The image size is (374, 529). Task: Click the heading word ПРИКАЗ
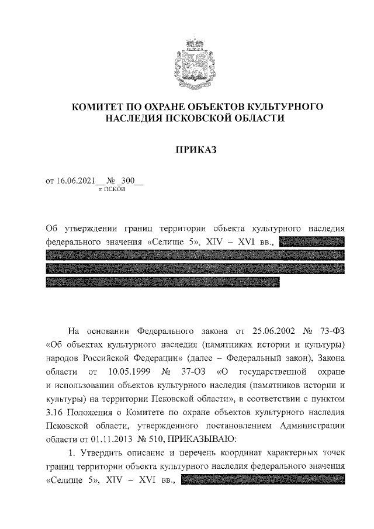(x=196, y=150)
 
